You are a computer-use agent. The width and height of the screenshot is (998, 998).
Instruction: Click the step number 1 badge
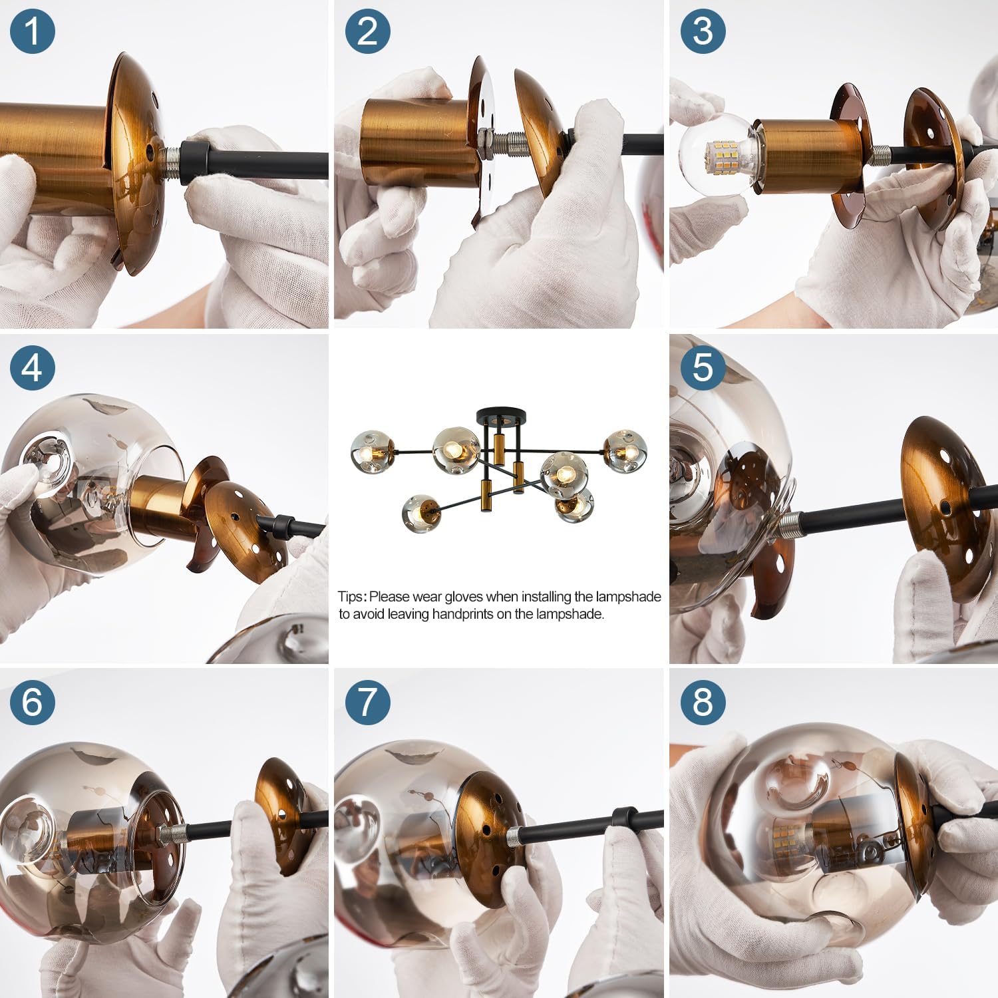click(32, 32)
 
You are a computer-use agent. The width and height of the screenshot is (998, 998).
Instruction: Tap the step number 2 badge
click(367, 32)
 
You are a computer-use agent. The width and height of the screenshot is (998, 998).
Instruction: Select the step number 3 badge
click(703, 32)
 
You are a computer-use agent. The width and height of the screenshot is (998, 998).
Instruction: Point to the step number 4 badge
click(32, 367)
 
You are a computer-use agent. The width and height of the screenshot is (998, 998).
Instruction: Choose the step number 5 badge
click(703, 367)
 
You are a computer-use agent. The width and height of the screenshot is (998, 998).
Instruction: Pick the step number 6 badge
click(32, 702)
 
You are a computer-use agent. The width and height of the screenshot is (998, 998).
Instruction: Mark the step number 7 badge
click(367, 702)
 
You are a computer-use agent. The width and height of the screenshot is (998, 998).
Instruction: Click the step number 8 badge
click(703, 702)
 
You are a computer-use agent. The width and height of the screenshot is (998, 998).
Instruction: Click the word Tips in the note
click(351, 597)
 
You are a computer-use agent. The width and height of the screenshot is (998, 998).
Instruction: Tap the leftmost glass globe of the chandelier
click(372, 452)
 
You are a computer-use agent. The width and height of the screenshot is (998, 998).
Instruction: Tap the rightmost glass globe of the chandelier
click(625, 451)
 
